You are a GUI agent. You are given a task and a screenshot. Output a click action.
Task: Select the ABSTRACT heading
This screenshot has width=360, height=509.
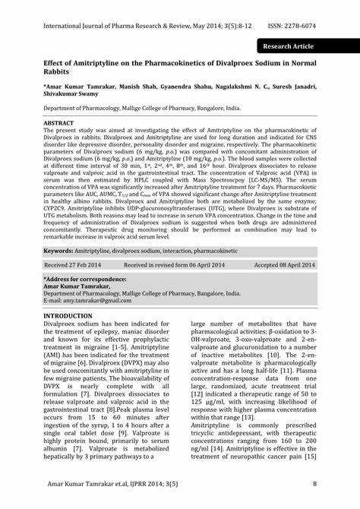click(x=59, y=122)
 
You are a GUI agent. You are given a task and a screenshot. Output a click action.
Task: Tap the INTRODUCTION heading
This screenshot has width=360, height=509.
click(x=68, y=315)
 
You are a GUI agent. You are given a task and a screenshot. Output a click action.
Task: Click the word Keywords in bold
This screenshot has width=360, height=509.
click(x=58, y=250)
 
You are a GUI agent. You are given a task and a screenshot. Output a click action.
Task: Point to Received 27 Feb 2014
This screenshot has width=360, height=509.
click(x=72, y=265)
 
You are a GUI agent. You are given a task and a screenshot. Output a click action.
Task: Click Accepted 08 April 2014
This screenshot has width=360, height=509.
click(x=285, y=265)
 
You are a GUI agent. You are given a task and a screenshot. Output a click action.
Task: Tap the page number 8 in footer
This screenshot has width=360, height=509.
click(x=314, y=483)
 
